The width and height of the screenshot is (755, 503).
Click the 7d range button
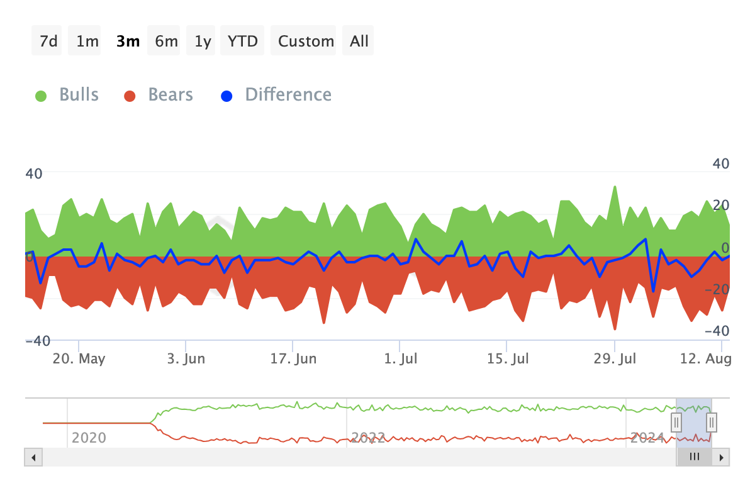pyautogui.click(x=48, y=41)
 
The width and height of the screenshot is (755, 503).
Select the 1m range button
pyautogui.click(x=87, y=41)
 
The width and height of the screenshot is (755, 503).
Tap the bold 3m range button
pyautogui.click(x=128, y=41)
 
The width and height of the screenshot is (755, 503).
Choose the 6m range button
pyautogui.click(x=166, y=41)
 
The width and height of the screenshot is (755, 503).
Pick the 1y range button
pyautogui.click(x=203, y=41)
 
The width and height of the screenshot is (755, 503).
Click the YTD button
pyautogui.click(x=243, y=41)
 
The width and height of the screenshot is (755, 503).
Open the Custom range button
pyautogui.click(x=306, y=41)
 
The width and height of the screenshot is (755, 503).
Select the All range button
pyautogui.click(x=359, y=41)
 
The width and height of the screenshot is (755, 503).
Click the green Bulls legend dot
pyautogui.click(x=41, y=96)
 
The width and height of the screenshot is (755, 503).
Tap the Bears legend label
pyautogui.click(x=171, y=95)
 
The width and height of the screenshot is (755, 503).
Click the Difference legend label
pyautogui.click(x=288, y=95)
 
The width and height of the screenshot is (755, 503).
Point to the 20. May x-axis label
pyautogui.click(x=79, y=359)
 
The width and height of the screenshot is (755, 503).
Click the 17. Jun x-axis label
pyautogui.click(x=293, y=359)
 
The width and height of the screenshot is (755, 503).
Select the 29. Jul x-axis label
pyautogui.click(x=615, y=359)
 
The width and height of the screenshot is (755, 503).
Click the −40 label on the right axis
pyautogui.click(x=717, y=331)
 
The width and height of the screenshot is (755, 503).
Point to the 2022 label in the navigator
pyautogui.click(x=368, y=438)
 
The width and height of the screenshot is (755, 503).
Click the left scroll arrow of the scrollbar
pyautogui.click(x=33, y=457)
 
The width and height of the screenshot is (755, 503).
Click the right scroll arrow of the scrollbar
pyautogui.click(x=722, y=457)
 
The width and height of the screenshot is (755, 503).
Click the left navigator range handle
pyautogui.click(x=676, y=422)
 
